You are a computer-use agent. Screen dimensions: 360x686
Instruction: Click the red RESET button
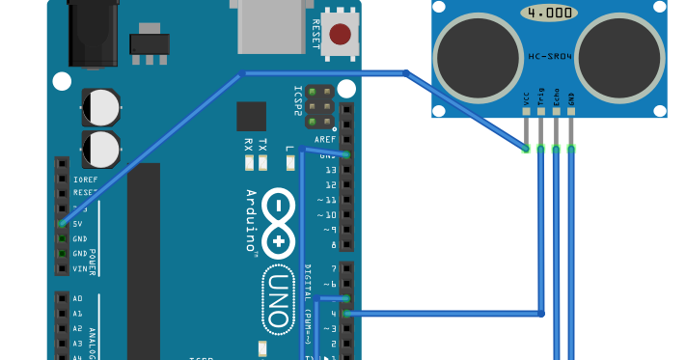coord(340,35)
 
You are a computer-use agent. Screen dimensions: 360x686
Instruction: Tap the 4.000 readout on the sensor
coord(549,14)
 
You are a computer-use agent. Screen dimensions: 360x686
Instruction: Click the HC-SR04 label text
coord(549,56)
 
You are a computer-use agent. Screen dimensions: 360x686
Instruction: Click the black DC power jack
coord(93,33)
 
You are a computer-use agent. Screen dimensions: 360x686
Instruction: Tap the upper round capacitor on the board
coord(100,107)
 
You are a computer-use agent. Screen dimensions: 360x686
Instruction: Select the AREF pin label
coord(325,139)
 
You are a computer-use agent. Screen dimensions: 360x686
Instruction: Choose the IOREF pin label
coord(85,180)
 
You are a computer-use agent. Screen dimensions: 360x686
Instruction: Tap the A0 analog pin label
coord(77,299)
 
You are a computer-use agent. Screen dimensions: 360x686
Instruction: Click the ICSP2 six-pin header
coord(319,106)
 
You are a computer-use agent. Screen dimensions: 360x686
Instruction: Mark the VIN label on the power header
coord(80,269)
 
